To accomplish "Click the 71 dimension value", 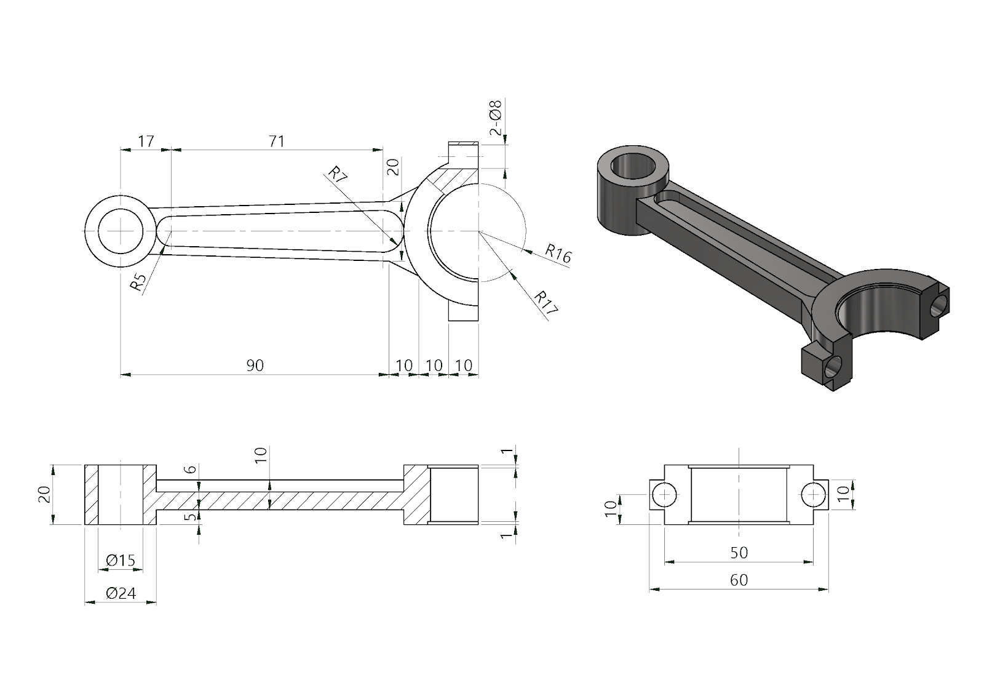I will (x=277, y=141).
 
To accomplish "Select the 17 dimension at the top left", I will (x=146, y=141).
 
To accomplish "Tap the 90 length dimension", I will (x=255, y=366).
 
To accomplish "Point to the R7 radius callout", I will (x=338, y=173).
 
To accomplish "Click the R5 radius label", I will (x=138, y=282).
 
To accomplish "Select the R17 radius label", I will (x=546, y=303).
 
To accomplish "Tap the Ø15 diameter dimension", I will (x=120, y=561).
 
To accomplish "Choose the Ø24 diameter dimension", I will (x=120, y=593).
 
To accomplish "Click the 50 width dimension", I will (x=739, y=553).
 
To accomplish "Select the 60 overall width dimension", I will (x=739, y=580).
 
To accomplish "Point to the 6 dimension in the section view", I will (x=191, y=470).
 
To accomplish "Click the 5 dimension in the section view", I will (x=191, y=516).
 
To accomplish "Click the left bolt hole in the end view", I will (x=664, y=495).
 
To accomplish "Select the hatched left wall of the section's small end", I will (x=91, y=495).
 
